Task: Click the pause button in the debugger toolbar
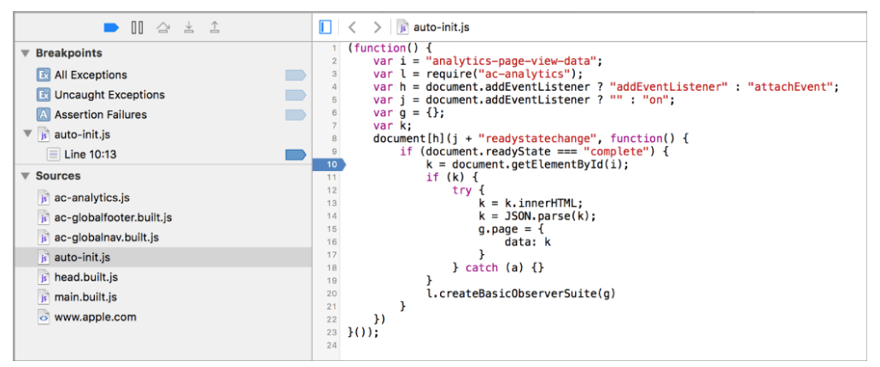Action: [137, 27]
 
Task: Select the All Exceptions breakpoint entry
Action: [91, 74]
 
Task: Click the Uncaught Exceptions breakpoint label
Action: [109, 94]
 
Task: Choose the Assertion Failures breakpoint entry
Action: [101, 114]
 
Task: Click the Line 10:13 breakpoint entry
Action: [91, 154]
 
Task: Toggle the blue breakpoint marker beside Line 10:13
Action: [296, 154]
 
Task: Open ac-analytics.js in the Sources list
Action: [92, 198]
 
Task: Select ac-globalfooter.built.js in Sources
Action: [113, 217]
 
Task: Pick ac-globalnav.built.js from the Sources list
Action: [107, 237]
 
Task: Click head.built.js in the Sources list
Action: [86, 277]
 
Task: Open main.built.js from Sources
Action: [85, 297]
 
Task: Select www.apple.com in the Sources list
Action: [96, 317]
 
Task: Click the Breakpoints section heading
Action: [69, 53]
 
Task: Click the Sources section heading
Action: [58, 176]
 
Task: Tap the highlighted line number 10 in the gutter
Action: [330, 164]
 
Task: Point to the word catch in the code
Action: [481, 268]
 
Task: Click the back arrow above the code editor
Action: [353, 27]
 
